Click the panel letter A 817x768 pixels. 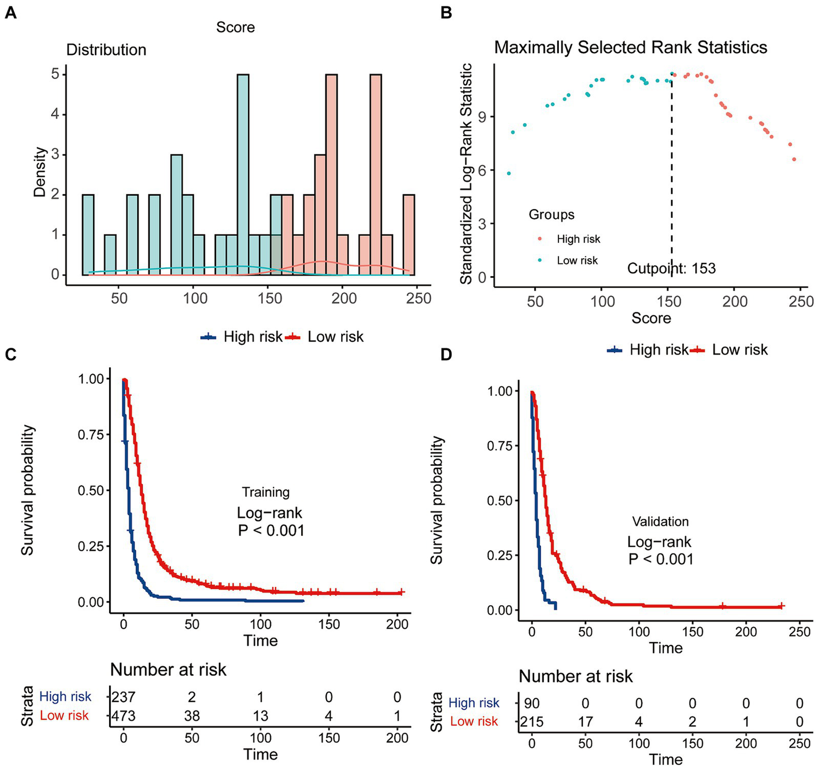click(x=10, y=13)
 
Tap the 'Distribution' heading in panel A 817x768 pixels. click(x=106, y=50)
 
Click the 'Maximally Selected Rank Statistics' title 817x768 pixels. click(x=630, y=47)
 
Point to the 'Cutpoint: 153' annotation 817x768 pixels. click(x=671, y=268)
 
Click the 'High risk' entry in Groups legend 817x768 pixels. click(x=578, y=240)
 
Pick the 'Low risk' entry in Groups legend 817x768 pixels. click(x=577, y=261)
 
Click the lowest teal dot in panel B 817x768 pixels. click(x=509, y=174)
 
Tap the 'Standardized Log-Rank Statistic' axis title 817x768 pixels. click(x=466, y=174)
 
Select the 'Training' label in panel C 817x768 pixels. click(x=266, y=492)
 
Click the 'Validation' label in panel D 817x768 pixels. click(x=660, y=522)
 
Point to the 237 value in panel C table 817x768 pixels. click(x=123, y=697)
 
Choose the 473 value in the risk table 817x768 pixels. click(x=123, y=716)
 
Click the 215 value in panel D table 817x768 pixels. click(x=532, y=722)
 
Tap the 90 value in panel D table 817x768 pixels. click(x=532, y=703)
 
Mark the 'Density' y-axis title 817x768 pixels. click(x=40, y=172)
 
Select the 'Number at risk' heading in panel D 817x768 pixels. click(x=575, y=676)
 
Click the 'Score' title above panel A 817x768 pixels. click(x=235, y=28)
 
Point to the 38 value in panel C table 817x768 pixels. click(x=192, y=716)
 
